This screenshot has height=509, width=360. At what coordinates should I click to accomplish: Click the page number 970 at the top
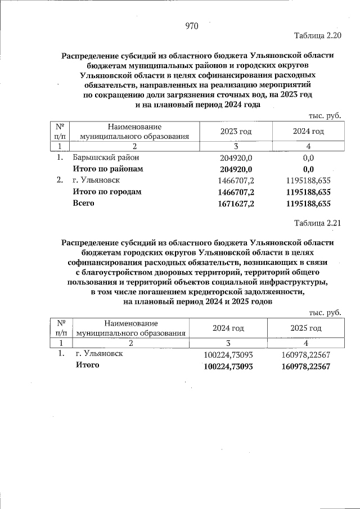point(192,26)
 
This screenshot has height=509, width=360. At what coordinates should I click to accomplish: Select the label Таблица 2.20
point(318,36)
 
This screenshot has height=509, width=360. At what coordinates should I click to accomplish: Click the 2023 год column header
point(236,131)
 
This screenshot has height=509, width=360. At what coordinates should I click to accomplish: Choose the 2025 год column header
point(305,328)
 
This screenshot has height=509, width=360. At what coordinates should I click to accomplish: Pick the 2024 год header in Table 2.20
point(308,131)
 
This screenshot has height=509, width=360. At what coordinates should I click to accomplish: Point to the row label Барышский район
point(105,158)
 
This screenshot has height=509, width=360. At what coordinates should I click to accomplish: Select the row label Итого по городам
point(106,192)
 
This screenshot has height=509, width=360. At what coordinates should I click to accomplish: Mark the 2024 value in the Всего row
point(308,204)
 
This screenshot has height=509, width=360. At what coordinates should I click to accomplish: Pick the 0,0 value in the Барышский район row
point(308,158)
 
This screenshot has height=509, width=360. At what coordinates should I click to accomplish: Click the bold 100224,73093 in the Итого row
point(227,366)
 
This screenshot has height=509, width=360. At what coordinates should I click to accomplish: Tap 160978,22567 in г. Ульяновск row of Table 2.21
point(305,355)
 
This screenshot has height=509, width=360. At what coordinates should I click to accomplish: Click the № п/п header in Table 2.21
point(62,328)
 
